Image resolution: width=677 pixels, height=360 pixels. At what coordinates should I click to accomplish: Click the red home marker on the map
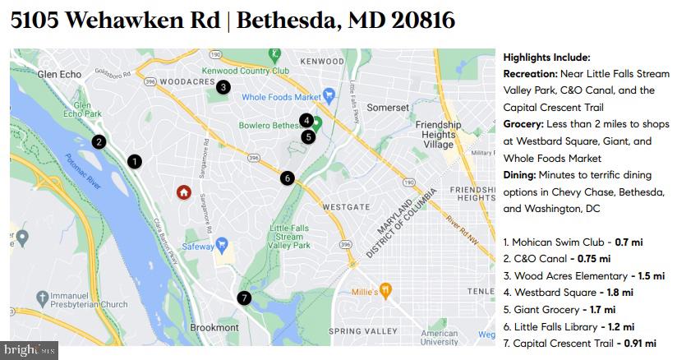(184, 192)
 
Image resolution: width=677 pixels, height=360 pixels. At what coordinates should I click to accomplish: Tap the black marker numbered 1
(134, 162)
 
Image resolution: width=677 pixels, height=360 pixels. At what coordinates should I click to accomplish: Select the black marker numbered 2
(99, 141)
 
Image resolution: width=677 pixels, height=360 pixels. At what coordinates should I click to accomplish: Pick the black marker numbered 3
(223, 86)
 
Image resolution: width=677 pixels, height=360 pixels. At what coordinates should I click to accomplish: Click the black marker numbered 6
(287, 178)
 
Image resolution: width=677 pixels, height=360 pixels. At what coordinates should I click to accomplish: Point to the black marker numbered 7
(243, 298)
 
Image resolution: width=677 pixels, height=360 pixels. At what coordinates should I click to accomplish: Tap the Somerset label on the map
(387, 108)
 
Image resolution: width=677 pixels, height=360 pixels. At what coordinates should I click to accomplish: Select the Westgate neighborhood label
(346, 205)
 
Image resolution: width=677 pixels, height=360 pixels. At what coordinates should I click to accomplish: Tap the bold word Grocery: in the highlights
(527, 124)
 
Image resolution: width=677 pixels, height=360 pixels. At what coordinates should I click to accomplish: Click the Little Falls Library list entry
(552, 326)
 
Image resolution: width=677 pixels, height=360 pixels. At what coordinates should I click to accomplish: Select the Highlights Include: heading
(546, 58)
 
